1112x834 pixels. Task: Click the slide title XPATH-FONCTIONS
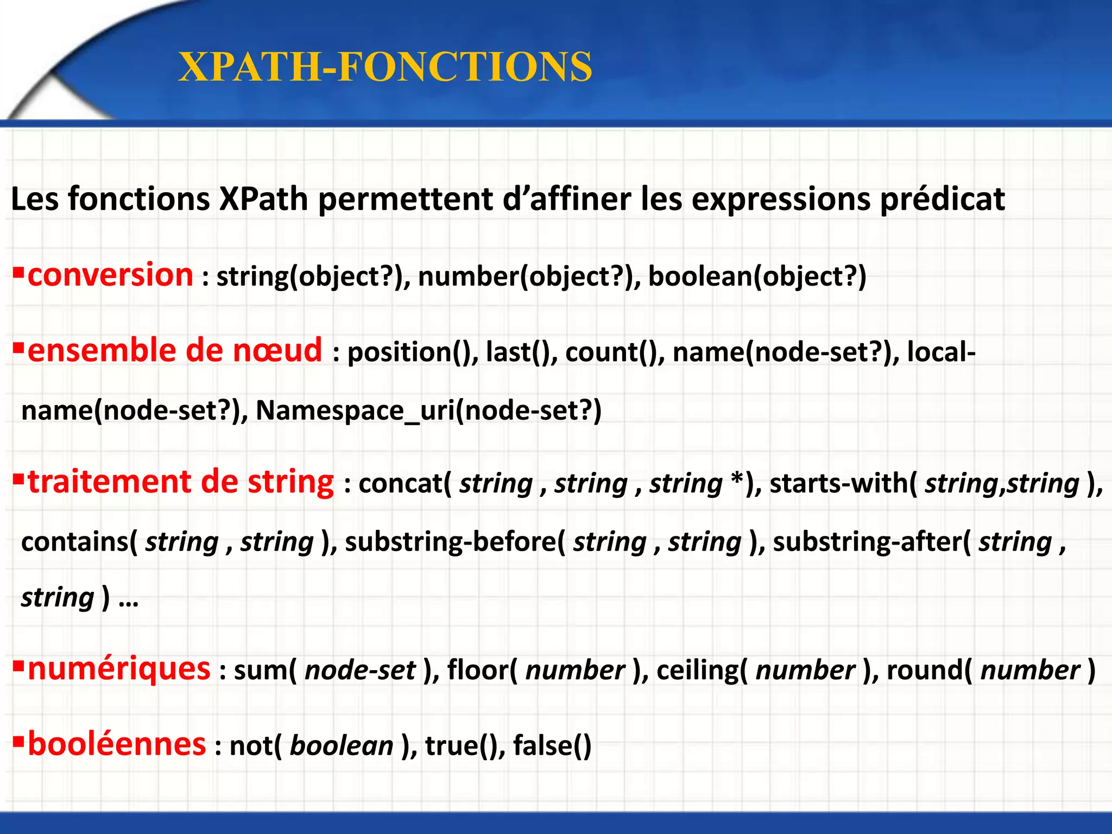[385, 67]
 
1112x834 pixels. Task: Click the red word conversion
[110, 275]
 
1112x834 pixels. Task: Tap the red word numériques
[119, 668]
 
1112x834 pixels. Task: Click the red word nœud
[277, 350]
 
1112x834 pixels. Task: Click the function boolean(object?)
[757, 276]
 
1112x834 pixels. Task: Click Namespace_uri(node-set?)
[428, 410]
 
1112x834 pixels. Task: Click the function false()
[552, 745]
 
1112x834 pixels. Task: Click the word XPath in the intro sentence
[263, 199]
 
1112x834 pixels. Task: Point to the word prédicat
[942, 199]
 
